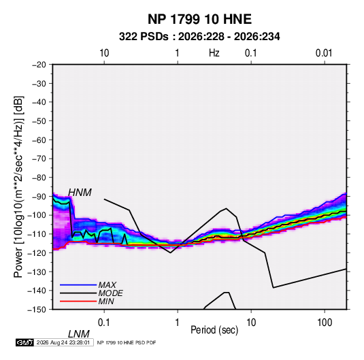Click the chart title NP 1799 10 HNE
[199, 19]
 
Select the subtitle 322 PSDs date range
[199, 37]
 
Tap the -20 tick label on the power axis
[39, 65]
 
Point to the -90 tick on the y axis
[39, 197]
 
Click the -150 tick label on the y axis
[37, 310]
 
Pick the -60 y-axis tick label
[39, 140]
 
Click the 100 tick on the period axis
[325, 323]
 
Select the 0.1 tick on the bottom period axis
[104, 323]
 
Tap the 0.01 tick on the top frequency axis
[324, 53]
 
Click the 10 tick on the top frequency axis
[104, 53]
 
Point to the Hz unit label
[214, 53]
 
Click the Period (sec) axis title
[214, 330]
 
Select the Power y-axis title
[18, 186]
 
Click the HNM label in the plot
[80, 193]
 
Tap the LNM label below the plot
[79, 334]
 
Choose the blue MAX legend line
[78, 285]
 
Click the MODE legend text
[110, 293]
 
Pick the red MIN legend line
[78, 301]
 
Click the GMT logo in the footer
[25, 342]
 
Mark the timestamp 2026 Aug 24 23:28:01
[63, 342]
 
